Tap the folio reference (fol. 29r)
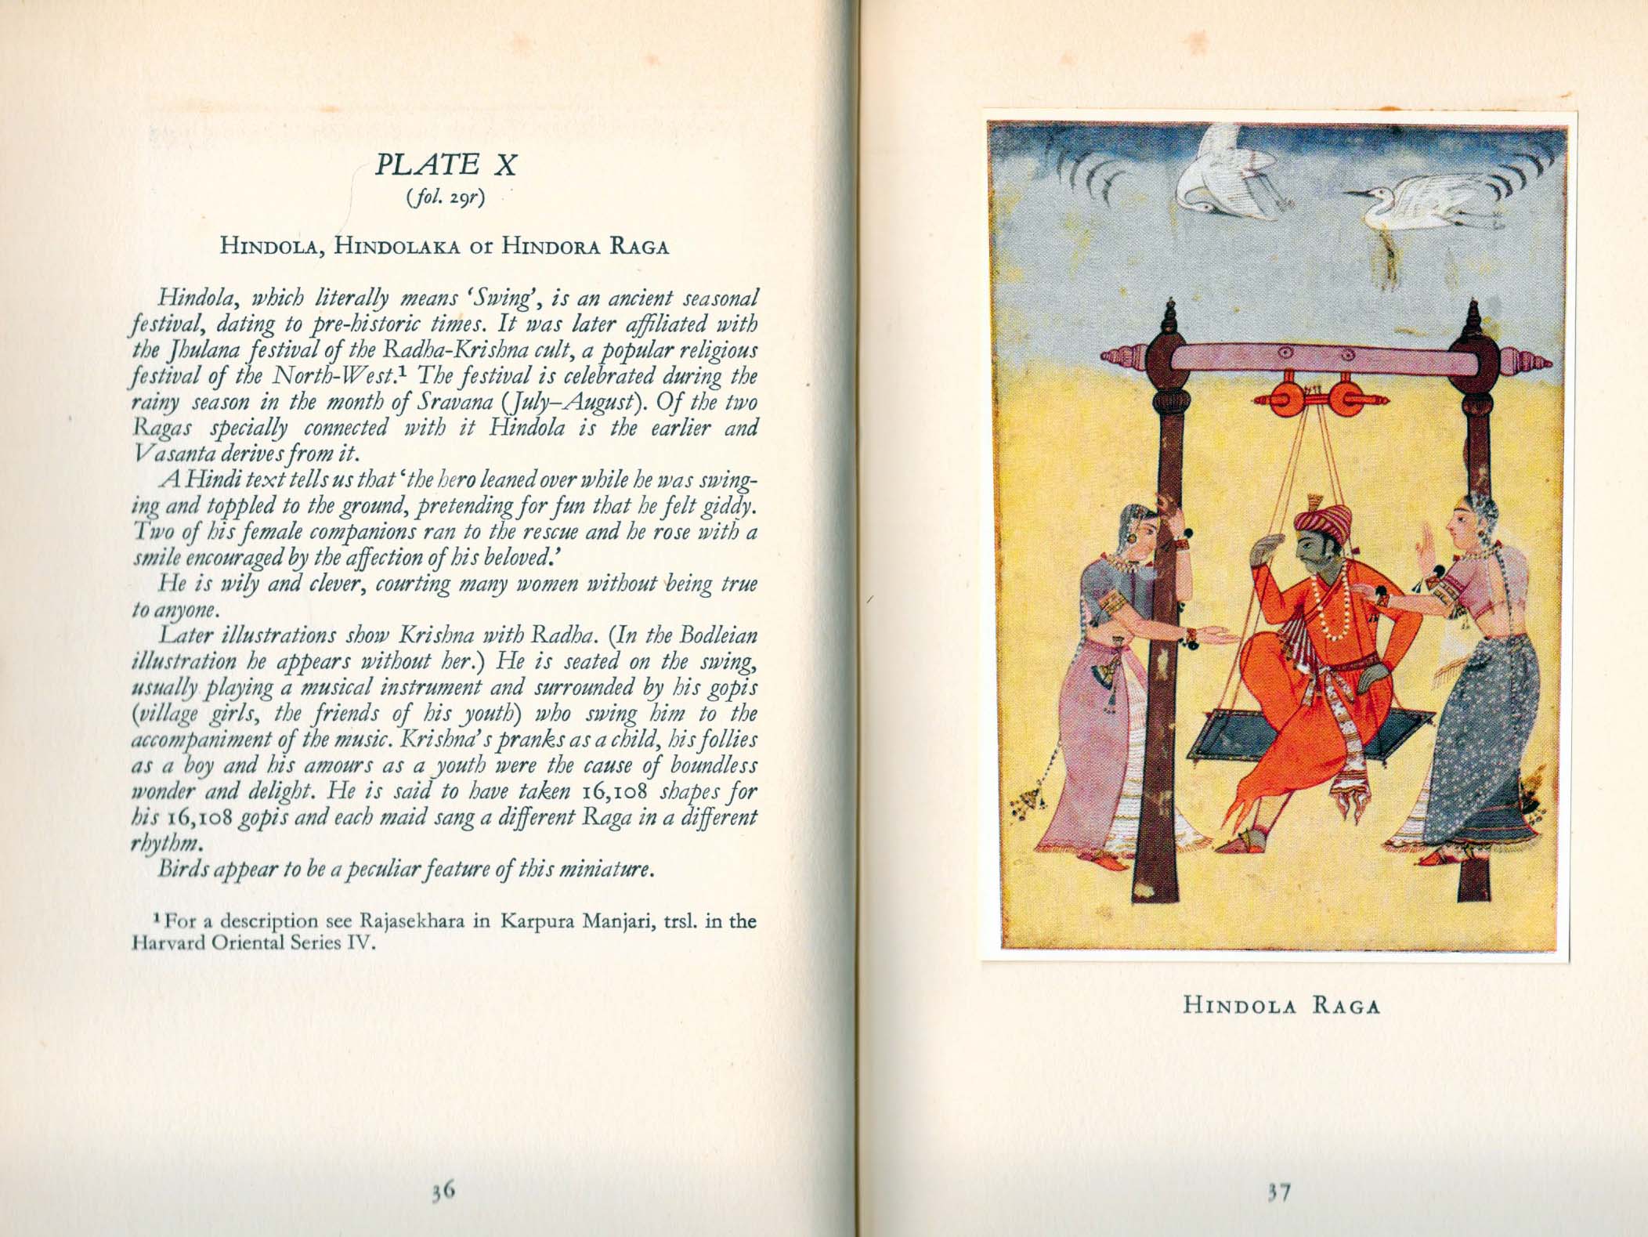445,200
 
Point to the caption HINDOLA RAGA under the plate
1281,1006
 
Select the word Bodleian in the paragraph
712,636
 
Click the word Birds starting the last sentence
183,870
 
